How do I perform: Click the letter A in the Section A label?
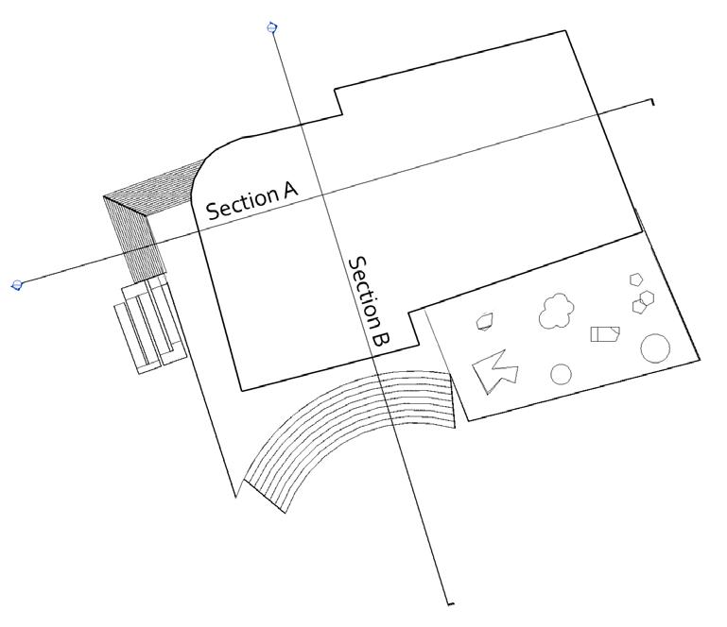pos(288,190)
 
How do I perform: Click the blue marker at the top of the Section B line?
pos(272,27)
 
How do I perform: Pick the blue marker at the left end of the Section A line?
pos(16,284)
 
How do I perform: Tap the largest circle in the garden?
pos(655,348)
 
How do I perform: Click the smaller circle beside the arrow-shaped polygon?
pos(561,375)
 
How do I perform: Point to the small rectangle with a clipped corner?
pos(604,333)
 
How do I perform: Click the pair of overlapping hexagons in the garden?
pos(644,301)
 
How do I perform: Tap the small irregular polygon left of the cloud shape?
pos(485,321)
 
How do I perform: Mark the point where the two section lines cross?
pos(322,195)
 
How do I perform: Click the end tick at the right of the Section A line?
pos(651,101)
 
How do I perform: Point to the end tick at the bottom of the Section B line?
pos(449,602)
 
